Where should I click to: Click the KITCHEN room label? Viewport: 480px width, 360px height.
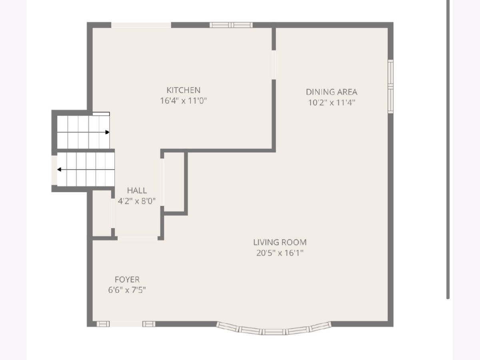tap(183, 90)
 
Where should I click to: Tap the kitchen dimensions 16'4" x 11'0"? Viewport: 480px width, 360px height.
tap(183, 101)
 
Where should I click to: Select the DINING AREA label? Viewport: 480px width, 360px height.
tap(332, 92)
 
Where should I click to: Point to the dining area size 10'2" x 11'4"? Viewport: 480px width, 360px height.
tap(332, 102)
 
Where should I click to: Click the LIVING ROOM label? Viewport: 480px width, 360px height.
tap(280, 242)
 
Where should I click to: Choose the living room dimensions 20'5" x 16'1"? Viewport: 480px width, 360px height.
tap(280, 253)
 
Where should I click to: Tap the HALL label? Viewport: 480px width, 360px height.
tap(137, 190)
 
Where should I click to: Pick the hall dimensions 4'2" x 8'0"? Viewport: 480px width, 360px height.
tap(137, 201)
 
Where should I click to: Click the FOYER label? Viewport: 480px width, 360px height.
tap(127, 279)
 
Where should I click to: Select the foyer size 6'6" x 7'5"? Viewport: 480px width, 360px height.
tap(127, 290)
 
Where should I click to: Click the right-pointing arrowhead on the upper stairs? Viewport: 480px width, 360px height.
tap(107, 132)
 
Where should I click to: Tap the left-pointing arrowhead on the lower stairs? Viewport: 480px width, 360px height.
tap(59, 169)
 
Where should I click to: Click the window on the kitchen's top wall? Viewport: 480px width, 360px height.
tap(231, 25)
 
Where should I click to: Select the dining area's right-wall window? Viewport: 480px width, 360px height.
tap(390, 86)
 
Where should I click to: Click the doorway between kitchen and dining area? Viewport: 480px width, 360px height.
tap(274, 65)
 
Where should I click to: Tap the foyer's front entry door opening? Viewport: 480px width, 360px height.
tap(126, 324)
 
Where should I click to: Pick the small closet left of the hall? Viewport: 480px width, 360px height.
tap(102, 213)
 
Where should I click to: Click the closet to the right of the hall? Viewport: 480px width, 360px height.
tap(174, 182)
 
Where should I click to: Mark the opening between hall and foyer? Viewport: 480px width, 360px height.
tap(138, 238)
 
